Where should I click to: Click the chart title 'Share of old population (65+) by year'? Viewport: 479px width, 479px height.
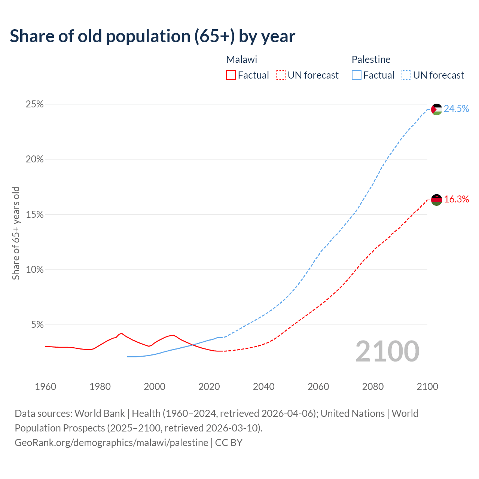pyautogui.click(x=152, y=36)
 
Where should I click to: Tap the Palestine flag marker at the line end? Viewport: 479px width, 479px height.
pyautogui.click(x=436, y=109)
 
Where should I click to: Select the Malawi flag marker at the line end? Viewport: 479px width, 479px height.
pyautogui.click(x=436, y=200)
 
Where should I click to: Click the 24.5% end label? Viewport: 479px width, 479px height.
pyautogui.click(x=456, y=109)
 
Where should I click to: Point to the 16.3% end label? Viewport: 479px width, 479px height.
pyautogui.click(x=456, y=199)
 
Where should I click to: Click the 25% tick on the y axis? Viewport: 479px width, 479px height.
pyautogui.click(x=34, y=104)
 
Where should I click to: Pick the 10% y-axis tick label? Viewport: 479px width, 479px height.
pyautogui.click(x=34, y=270)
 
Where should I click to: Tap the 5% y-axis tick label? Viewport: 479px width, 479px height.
pyautogui.click(x=37, y=325)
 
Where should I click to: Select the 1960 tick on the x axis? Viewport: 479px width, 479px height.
pyautogui.click(x=45, y=387)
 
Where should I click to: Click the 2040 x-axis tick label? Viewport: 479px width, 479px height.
pyautogui.click(x=263, y=387)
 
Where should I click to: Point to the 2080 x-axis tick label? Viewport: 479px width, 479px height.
pyautogui.click(x=373, y=387)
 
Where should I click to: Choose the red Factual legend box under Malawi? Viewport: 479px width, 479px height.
pyautogui.click(x=231, y=75)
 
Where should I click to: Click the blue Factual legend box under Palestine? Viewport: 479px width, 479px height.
pyautogui.click(x=356, y=75)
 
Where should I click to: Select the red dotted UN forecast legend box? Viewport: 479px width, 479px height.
pyautogui.click(x=281, y=75)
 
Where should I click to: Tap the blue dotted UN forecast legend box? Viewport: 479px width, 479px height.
pyautogui.click(x=406, y=75)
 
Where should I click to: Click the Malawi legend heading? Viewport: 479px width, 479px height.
pyautogui.click(x=241, y=60)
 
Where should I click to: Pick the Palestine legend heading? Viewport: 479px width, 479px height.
pyautogui.click(x=371, y=60)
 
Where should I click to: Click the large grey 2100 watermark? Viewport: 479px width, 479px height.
pyautogui.click(x=387, y=351)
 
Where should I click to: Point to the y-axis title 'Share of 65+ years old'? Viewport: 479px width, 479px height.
pyautogui.click(x=16, y=233)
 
